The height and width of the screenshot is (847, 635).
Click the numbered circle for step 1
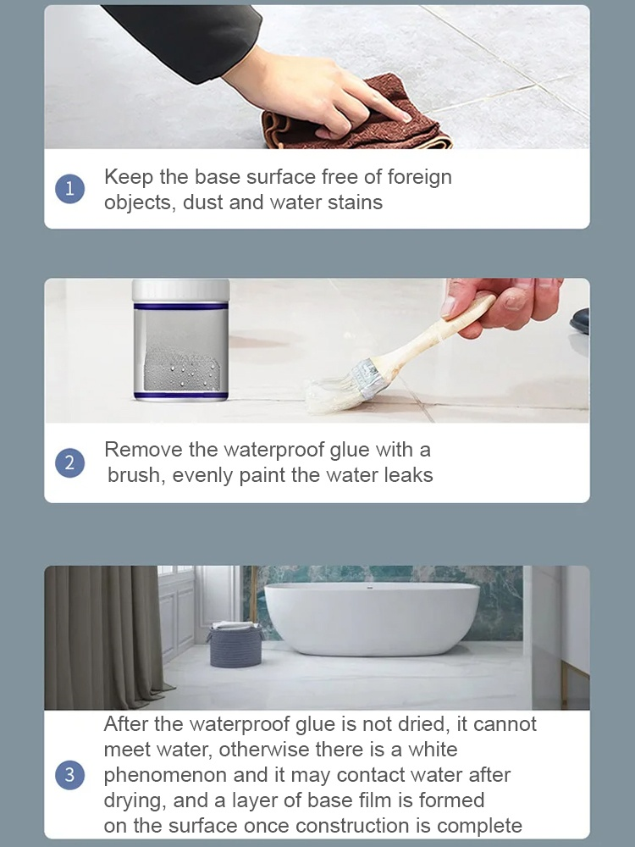(69, 189)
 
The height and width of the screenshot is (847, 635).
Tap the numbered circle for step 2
(69, 463)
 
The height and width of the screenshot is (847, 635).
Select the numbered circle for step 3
(69, 775)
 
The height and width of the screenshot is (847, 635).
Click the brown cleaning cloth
(356, 119)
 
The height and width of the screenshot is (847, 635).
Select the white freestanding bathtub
(370, 618)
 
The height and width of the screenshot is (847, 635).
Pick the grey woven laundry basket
(235, 646)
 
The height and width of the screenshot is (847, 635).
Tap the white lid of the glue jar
(180, 290)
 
